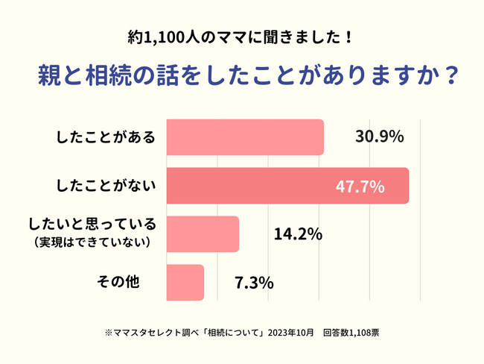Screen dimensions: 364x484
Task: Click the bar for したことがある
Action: [244, 137]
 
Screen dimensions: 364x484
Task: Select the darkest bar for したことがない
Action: [287, 186]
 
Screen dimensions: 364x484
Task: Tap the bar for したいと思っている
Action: [202, 233]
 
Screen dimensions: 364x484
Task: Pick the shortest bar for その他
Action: [184, 282]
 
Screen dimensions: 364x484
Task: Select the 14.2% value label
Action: [297, 234]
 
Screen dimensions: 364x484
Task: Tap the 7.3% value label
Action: [254, 283]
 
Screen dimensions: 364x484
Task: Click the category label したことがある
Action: [106, 137]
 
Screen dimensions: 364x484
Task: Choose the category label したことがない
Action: [106, 186]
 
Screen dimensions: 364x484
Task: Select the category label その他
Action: [119, 282]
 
